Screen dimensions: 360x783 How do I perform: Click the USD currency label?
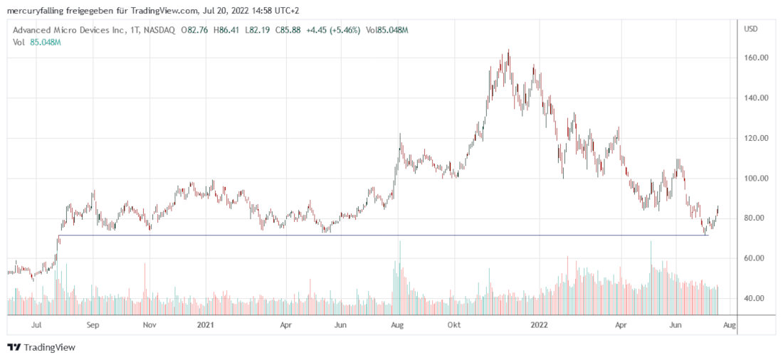[x=750, y=29]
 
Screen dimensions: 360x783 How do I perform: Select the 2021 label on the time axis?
[x=204, y=325]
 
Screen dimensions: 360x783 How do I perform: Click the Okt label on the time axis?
[x=453, y=325]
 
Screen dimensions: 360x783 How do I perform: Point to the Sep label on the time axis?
[x=93, y=325]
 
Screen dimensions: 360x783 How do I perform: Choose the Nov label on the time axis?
[x=149, y=325]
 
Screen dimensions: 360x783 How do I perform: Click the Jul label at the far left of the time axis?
[x=36, y=325]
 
